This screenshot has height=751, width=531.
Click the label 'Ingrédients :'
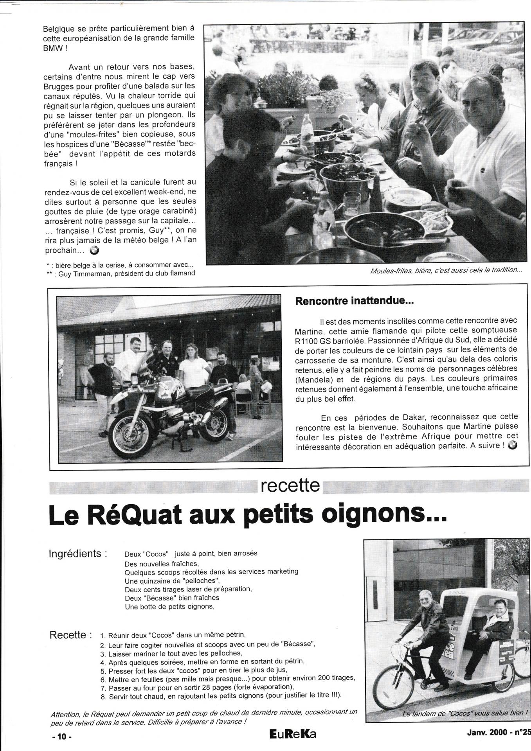(x=78, y=554)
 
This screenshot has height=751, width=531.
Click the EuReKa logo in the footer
(x=293, y=734)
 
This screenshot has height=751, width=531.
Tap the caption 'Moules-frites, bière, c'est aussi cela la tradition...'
(x=446, y=270)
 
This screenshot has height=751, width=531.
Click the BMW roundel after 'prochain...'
(x=94, y=251)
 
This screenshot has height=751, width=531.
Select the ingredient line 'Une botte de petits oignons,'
(x=170, y=607)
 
